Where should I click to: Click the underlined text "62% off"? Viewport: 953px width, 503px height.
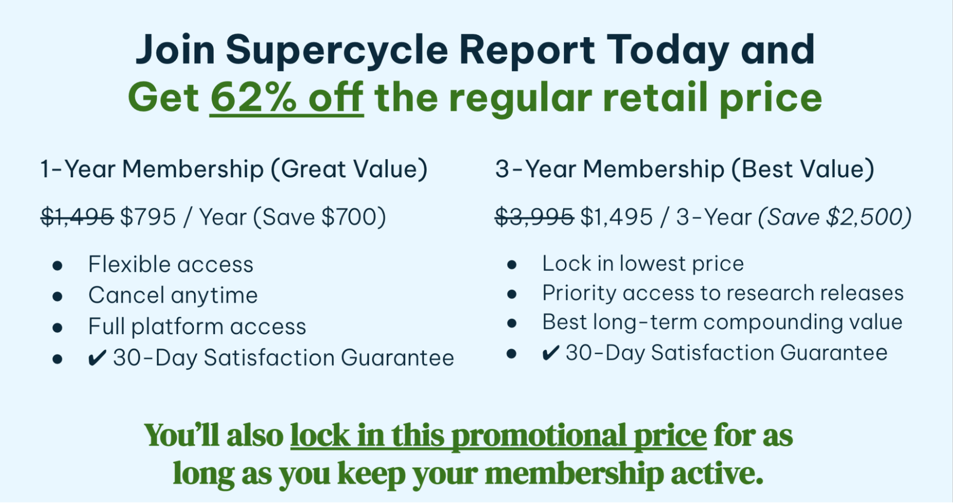coord(287,98)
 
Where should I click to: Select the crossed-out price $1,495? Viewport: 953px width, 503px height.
coord(77,217)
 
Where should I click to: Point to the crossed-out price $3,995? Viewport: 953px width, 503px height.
coord(534,217)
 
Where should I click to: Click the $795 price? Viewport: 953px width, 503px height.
coord(148,217)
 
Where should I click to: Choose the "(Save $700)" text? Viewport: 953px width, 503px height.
coord(319,217)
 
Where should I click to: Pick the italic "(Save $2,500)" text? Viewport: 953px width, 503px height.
coord(835,217)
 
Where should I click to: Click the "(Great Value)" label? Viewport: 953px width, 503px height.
coord(349,169)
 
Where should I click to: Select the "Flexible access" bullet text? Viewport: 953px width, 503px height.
coord(171,264)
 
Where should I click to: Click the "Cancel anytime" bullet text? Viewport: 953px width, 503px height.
coord(173,296)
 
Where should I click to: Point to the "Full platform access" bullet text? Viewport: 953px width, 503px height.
coord(197,327)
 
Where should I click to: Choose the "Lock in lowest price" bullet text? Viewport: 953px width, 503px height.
coord(643,264)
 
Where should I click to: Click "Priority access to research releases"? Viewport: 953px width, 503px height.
coord(723,293)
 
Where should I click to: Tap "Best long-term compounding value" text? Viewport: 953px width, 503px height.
coord(722,323)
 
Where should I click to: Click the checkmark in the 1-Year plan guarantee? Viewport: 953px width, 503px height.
coord(97,358)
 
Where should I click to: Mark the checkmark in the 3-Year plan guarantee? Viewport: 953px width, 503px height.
coord(551,353)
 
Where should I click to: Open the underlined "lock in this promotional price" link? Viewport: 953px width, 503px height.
coord(498,436)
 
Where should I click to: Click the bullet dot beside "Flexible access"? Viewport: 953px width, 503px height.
coord(58,266)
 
